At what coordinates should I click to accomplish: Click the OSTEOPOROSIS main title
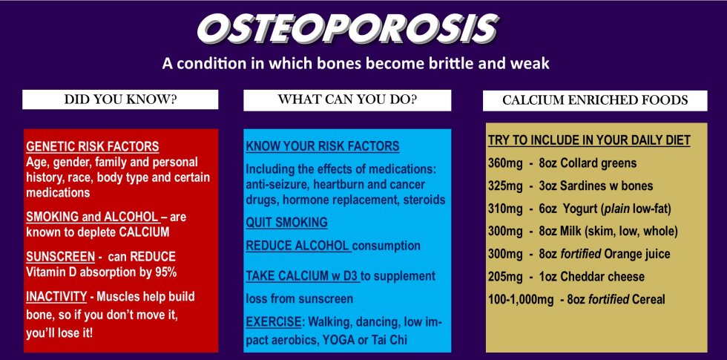[x=348, y=29]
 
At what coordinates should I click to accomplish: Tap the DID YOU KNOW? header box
[x=120, y=99]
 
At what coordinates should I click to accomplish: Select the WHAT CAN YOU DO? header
[x=347, y=99]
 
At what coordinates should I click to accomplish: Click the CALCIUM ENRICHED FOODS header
[x=595, y=100]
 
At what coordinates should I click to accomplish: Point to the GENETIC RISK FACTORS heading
[x=92, y=147]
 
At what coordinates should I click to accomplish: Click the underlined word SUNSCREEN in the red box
[x=53, y=257]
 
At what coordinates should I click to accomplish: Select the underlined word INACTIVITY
[x=56, y=296]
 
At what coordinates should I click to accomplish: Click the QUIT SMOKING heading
[x=286, y=222]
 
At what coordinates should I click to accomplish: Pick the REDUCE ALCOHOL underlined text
[x=297, y=246]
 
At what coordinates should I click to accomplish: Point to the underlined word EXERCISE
[x=274, y=321]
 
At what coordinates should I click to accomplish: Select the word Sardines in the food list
[x=585, y=186]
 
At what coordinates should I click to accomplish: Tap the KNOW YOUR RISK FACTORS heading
[x=322, y=146]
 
